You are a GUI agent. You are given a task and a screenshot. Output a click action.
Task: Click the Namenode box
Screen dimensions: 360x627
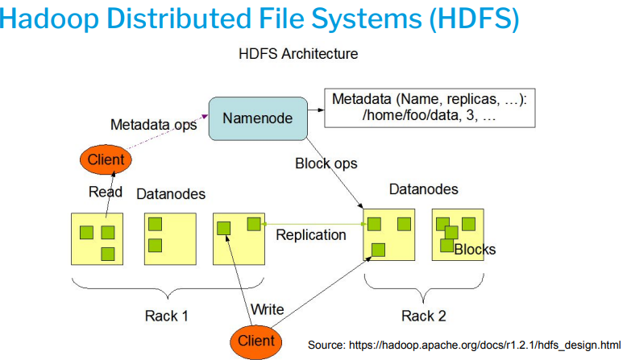click(257, 118)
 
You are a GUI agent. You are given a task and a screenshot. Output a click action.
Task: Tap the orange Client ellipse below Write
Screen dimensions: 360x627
click(256, 340)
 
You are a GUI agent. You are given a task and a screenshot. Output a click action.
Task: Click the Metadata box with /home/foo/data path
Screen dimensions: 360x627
click(430, 107)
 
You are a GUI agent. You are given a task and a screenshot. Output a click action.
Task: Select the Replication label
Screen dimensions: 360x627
click(310, 235)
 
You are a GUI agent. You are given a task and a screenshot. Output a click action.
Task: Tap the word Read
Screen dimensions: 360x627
click(105, 192)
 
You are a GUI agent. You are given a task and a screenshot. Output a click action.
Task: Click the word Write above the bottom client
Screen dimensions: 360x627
click(267, 309)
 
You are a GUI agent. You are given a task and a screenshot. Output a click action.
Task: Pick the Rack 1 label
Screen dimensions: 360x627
click(167, 315)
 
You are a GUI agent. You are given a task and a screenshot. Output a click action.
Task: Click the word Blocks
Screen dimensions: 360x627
click(475, 250)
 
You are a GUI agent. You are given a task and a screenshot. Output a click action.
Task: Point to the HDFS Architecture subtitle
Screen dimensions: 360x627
click(298, 54)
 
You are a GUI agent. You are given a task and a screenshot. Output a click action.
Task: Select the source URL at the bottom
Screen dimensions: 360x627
click(464, 345)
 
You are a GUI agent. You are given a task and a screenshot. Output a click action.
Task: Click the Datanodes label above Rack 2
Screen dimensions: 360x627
click(423, 190)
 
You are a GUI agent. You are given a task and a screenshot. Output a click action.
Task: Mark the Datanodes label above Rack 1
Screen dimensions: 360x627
click(171, 194)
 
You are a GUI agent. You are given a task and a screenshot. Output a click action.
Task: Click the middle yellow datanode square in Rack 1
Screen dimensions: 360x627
click(170, 238)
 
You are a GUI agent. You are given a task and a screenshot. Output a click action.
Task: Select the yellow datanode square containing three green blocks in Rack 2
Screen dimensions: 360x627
click(388, 234)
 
